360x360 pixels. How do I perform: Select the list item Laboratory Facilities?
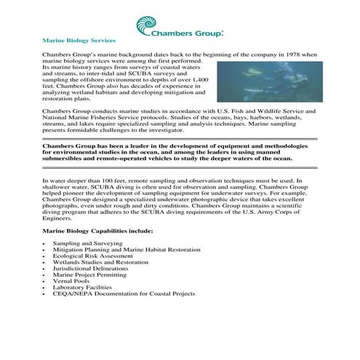[82, 287]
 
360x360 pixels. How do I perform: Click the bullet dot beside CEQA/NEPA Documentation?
[45, 294]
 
